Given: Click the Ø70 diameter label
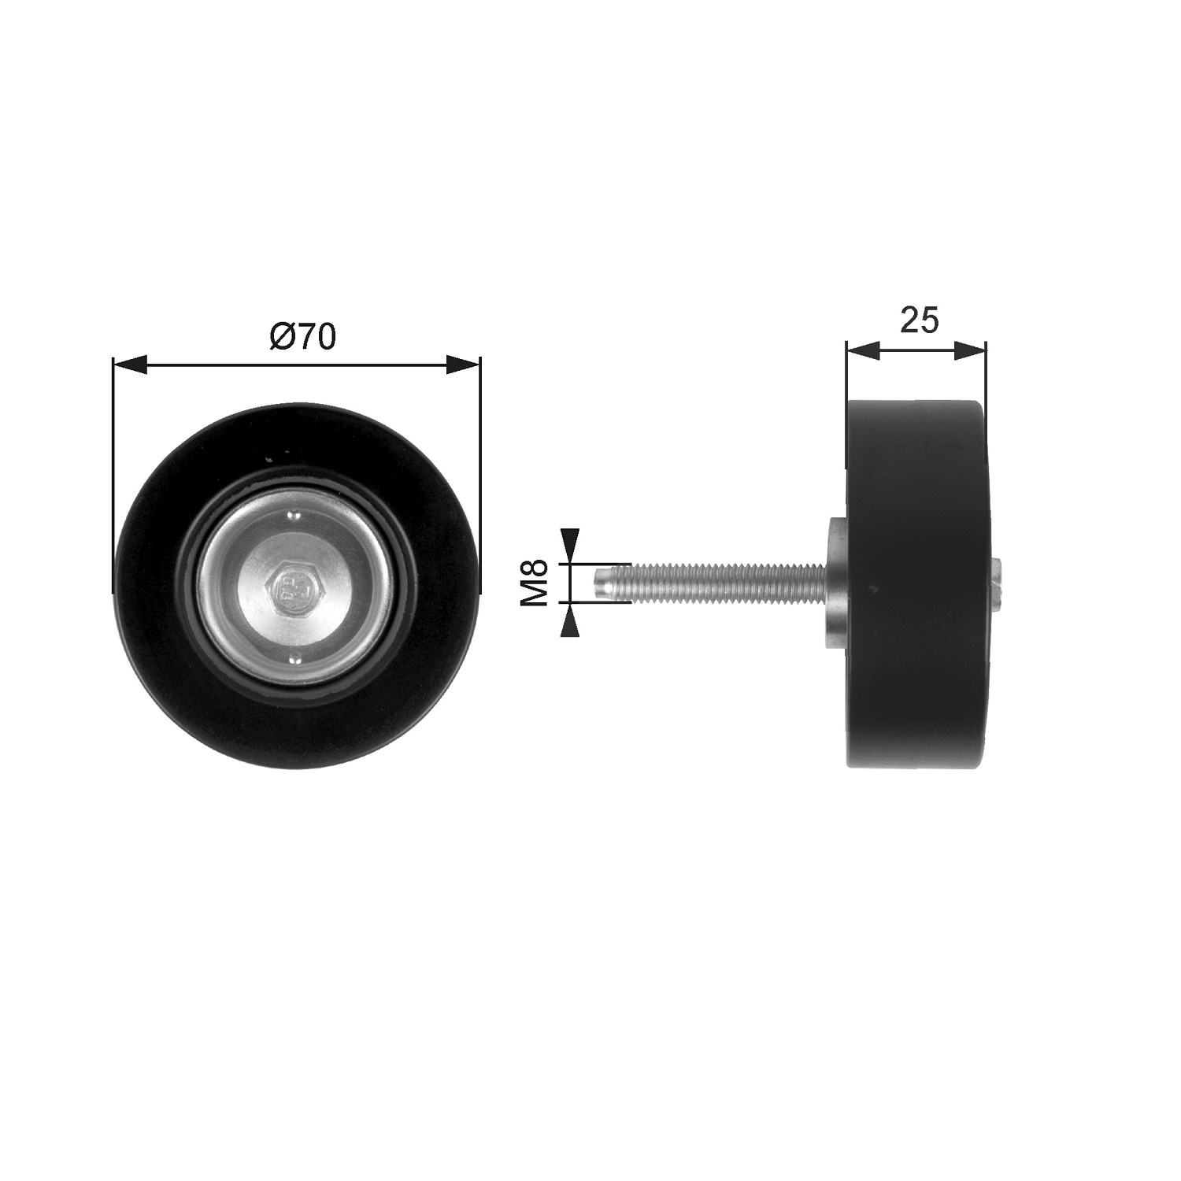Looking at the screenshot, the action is point(302,336).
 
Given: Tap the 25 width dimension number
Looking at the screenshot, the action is point(919,320).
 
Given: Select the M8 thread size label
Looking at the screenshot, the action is point(535,583).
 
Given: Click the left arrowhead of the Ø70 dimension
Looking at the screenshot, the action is point(131,364).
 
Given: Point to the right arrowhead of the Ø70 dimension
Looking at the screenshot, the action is point(462,364).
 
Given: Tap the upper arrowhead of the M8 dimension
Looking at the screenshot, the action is point(571,546).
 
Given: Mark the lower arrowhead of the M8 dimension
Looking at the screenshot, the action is point(571,620).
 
